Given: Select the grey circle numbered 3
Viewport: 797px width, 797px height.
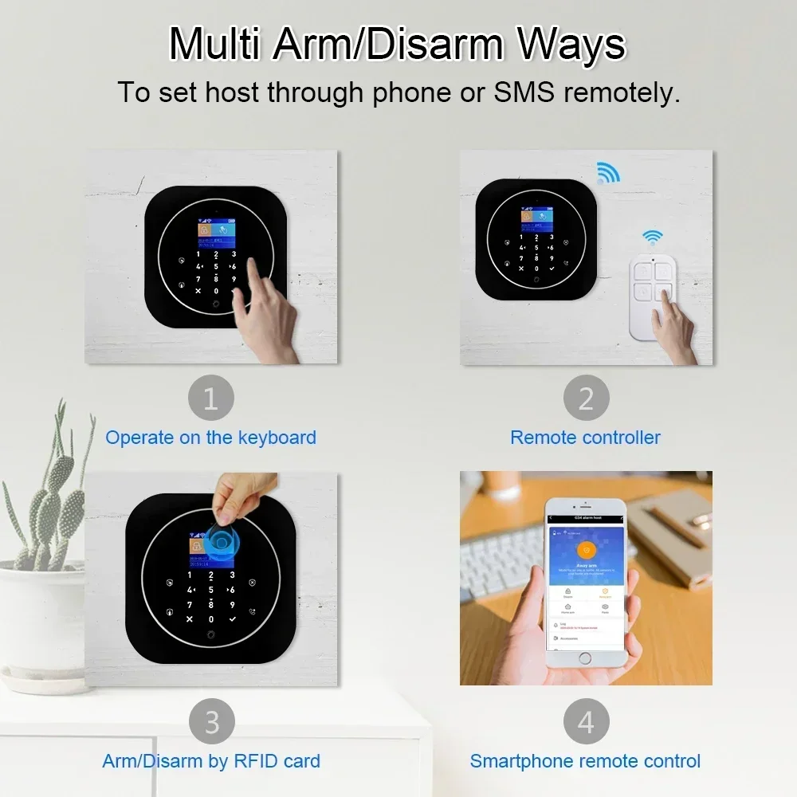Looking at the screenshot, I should click(x=211, y=722).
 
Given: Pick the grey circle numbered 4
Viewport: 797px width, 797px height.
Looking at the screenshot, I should click(x=586, y=722).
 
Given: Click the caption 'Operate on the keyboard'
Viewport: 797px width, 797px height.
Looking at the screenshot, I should click(x=210, y=438).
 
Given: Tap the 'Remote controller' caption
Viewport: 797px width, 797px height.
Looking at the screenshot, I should click(x=585, y=438).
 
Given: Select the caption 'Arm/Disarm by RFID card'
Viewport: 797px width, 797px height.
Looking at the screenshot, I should click(x=211, y=761).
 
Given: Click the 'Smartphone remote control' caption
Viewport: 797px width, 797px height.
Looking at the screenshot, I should click(x=585, y=761).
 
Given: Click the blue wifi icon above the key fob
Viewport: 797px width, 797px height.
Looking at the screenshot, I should click(x=653, y=237).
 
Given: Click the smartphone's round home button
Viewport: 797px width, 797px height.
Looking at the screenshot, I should click(x=586, y=659).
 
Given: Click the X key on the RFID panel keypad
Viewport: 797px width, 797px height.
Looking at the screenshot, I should click(x=190, y=619).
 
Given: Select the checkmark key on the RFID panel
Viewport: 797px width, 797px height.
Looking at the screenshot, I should click(x=232, y=619).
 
